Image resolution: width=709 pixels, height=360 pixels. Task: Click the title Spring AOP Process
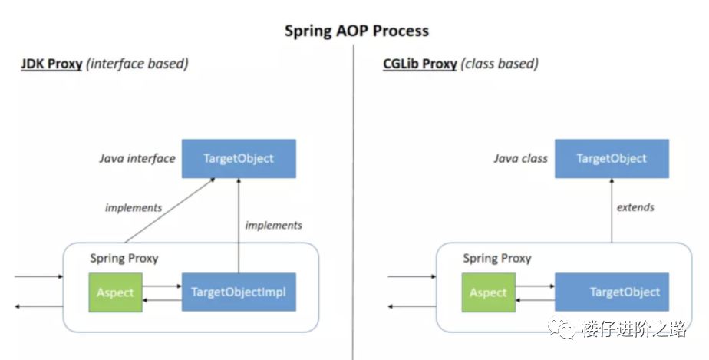[356, 31]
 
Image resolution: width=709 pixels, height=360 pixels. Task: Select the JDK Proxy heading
[51, 64]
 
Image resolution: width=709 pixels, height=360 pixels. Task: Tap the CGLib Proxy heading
[420, 64]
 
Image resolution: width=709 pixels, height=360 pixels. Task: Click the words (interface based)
[137, 64]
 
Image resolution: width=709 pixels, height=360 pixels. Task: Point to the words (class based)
[500, 64]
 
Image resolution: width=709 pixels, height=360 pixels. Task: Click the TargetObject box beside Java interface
[239, 159]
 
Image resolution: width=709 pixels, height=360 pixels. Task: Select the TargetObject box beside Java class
[612, 159]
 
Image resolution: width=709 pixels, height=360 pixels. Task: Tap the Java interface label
[137, 159]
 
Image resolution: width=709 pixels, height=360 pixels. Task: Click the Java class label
[520, 159]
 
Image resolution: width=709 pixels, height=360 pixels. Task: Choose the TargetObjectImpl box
[239, 292]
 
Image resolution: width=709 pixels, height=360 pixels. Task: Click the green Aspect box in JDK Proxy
[115, 292]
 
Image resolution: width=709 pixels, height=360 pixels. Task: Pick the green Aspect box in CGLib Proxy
[488, 292]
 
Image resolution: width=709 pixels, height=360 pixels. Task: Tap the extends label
[635, 207]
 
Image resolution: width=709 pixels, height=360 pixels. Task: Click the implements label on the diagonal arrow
[134, 207]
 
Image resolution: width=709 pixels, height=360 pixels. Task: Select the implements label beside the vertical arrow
[274, 225]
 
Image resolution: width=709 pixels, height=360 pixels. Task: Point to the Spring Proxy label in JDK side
[124, 258]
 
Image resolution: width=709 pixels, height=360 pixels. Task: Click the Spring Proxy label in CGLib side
[497, 258]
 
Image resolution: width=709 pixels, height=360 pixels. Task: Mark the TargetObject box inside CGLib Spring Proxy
[612, 292]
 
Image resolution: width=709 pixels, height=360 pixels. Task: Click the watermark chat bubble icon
[561, 328]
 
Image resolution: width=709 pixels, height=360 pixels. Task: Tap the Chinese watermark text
[634, 329]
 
